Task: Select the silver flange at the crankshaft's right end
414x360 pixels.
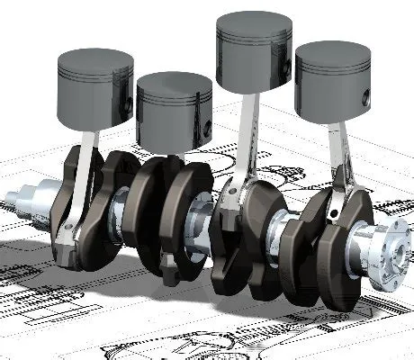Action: pyautogui.click(x=378, y=247)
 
